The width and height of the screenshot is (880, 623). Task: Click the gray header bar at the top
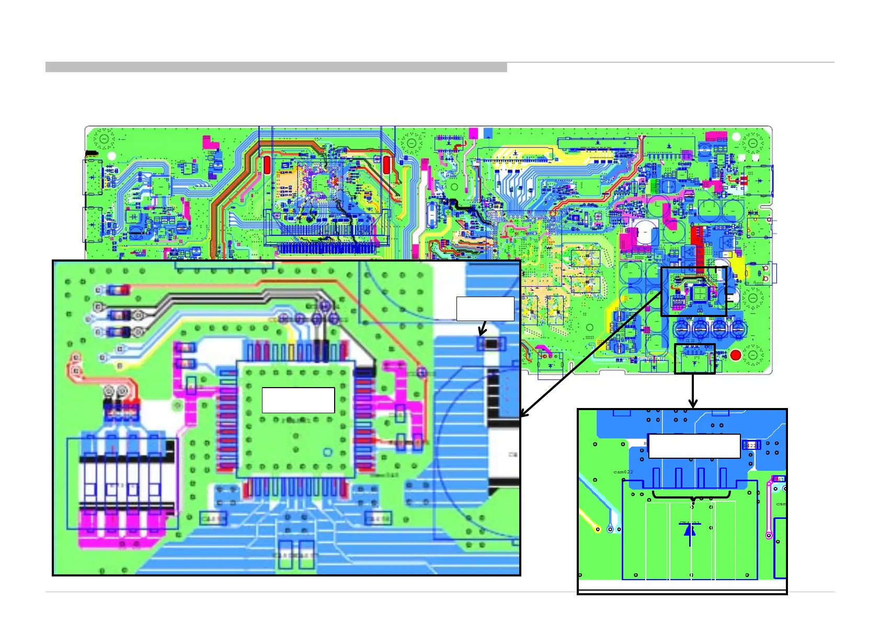tap(276, 67)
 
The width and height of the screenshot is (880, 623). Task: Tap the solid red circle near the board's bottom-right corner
tap(736, 356)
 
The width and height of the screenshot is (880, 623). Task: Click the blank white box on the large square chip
tap(298, 400)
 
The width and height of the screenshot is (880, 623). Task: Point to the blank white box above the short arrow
tap(485, 309)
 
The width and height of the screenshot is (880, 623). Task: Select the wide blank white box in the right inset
tap(694, 446)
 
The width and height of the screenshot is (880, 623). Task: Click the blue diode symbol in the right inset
tap(690, 531)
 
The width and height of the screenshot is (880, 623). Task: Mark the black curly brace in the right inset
tap(692, 495)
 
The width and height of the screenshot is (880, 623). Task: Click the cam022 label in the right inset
tap(623, 472)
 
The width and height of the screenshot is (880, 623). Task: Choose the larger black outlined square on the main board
tap(694, 291)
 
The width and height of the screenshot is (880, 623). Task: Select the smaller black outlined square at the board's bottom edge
tap(694, 359)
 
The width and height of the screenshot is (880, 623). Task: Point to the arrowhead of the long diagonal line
tap(522, 415)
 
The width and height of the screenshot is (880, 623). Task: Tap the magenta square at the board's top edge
tap(473, 133)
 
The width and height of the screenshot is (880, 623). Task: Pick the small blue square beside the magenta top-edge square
tap(488, 133)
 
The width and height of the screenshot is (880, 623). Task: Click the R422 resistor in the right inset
tap(751, 446)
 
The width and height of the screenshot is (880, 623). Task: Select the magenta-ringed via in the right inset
tap(769, 535)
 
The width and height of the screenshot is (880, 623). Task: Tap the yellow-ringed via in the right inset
tap(598, 529)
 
